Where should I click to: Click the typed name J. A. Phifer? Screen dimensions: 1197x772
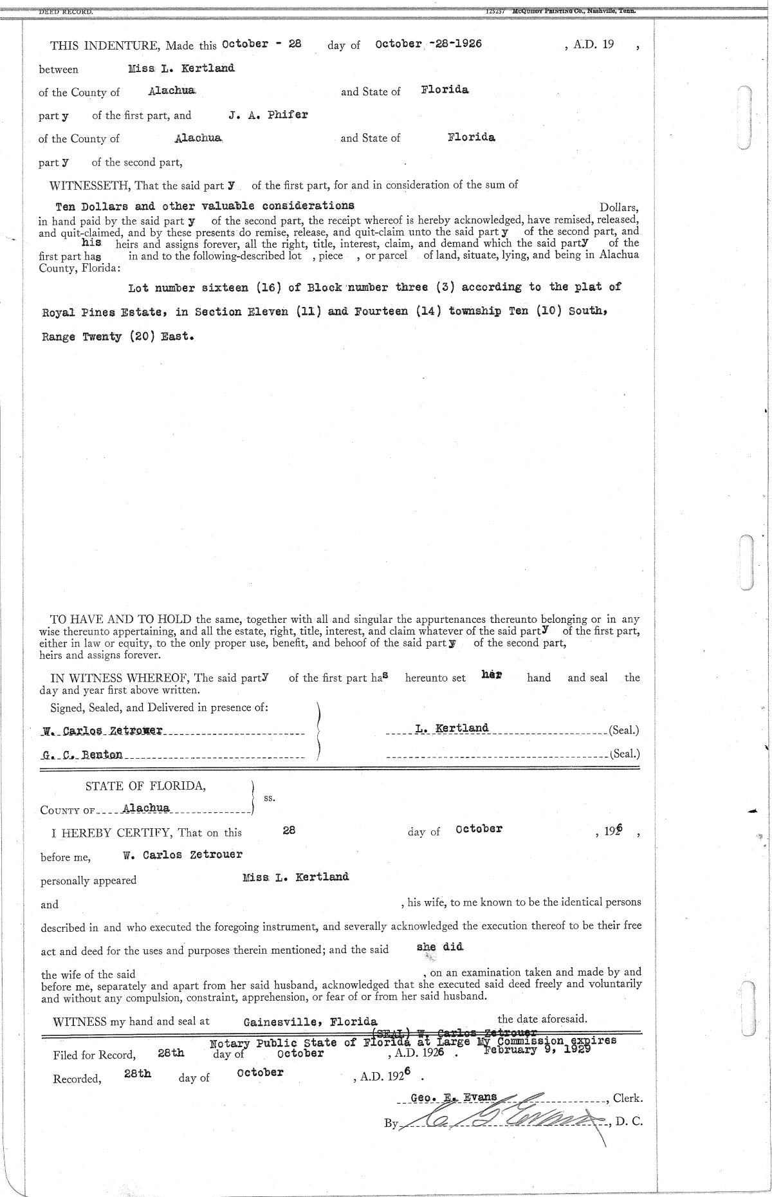click(x=268, y=115)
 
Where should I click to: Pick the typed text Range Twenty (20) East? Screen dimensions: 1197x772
click(x=118, y=337)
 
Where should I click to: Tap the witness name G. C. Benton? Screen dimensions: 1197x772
click(x=81, y=754)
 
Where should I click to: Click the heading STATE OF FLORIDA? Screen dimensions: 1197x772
click(x=146, y=786)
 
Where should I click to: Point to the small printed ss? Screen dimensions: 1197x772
click(x=270, y=797)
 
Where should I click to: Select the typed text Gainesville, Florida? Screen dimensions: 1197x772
click(x=310, y=1022)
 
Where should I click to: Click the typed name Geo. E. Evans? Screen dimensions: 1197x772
click(x=454, y=1097)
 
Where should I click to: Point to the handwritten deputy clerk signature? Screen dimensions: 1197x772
click(x=508, y=1120)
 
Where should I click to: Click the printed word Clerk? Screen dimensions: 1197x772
click(x=627, y=1099)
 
